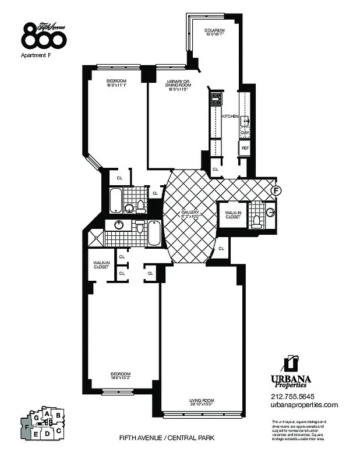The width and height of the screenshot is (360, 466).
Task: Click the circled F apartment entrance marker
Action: click(277, 190)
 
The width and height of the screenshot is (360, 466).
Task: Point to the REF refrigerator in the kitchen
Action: click(245, 148)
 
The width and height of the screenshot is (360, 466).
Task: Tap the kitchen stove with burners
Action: click(216, 98)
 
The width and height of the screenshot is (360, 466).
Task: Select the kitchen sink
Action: click(246, 121)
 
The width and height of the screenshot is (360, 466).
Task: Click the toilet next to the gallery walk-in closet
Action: click(257, 221)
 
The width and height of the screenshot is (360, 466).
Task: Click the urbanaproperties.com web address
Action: click(304, 405)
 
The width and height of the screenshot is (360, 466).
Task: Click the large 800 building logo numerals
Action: click(44, 36)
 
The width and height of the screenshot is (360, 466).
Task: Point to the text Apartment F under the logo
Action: click(37, 56)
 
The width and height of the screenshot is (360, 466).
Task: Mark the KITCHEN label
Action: click(230, 116)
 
